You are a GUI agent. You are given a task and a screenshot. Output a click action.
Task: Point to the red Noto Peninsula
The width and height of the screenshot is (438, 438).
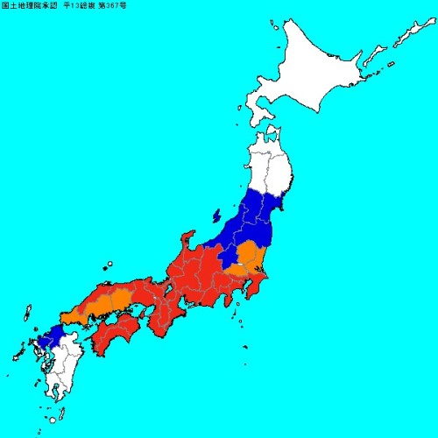click(x=187, y=241)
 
